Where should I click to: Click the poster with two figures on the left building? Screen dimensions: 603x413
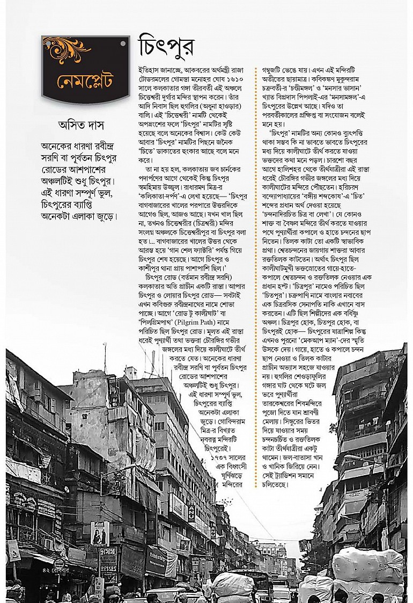coord(100,533)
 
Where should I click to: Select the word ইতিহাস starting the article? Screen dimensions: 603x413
coord(150,70)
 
